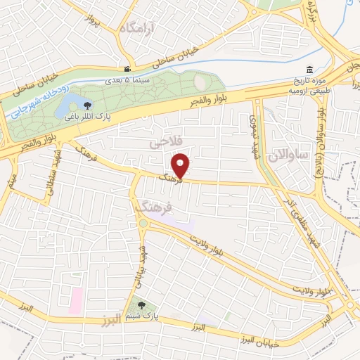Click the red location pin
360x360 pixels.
(x=181, y=165)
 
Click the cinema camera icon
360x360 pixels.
(x=127, y=69)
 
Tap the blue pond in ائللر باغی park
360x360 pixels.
(x=66, y=106)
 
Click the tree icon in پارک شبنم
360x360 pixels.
(x=143, y=305)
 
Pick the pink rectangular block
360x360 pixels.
(x=76, y=300)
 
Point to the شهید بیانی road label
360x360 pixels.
(x=139, y=263)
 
